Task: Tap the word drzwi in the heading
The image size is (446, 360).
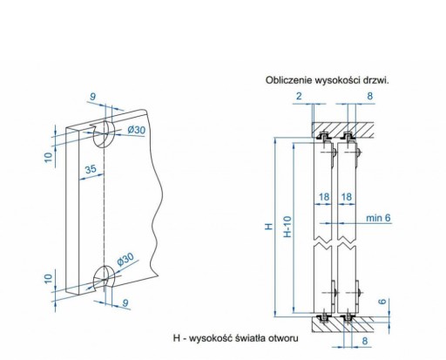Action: point(376,80)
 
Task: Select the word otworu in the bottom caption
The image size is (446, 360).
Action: point(283,338)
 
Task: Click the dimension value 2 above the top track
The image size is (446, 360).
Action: point(299,96)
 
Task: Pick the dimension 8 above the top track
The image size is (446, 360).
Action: point(369,96)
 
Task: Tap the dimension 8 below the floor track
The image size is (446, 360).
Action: point(365,341)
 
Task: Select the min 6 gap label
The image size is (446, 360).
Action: point(378,218)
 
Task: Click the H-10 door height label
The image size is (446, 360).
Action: point(287,227)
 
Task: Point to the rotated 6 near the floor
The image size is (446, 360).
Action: point(383,302)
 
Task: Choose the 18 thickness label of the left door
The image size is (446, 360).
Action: point(324,197)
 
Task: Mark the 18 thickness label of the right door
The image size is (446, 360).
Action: point(347,197)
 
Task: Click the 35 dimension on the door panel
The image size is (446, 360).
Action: point(91,169)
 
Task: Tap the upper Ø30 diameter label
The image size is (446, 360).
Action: point(137,129)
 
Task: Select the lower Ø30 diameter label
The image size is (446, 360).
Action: point(125,259)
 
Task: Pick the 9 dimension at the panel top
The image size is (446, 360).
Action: point(92,97)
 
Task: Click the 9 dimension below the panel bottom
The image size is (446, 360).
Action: point(125,302)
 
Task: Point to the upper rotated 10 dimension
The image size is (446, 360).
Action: point(49,157)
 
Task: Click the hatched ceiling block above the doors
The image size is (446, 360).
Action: point(342,130)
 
